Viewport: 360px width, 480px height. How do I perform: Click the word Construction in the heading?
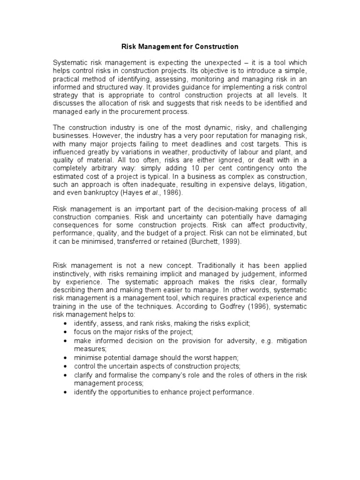[215, 47]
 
